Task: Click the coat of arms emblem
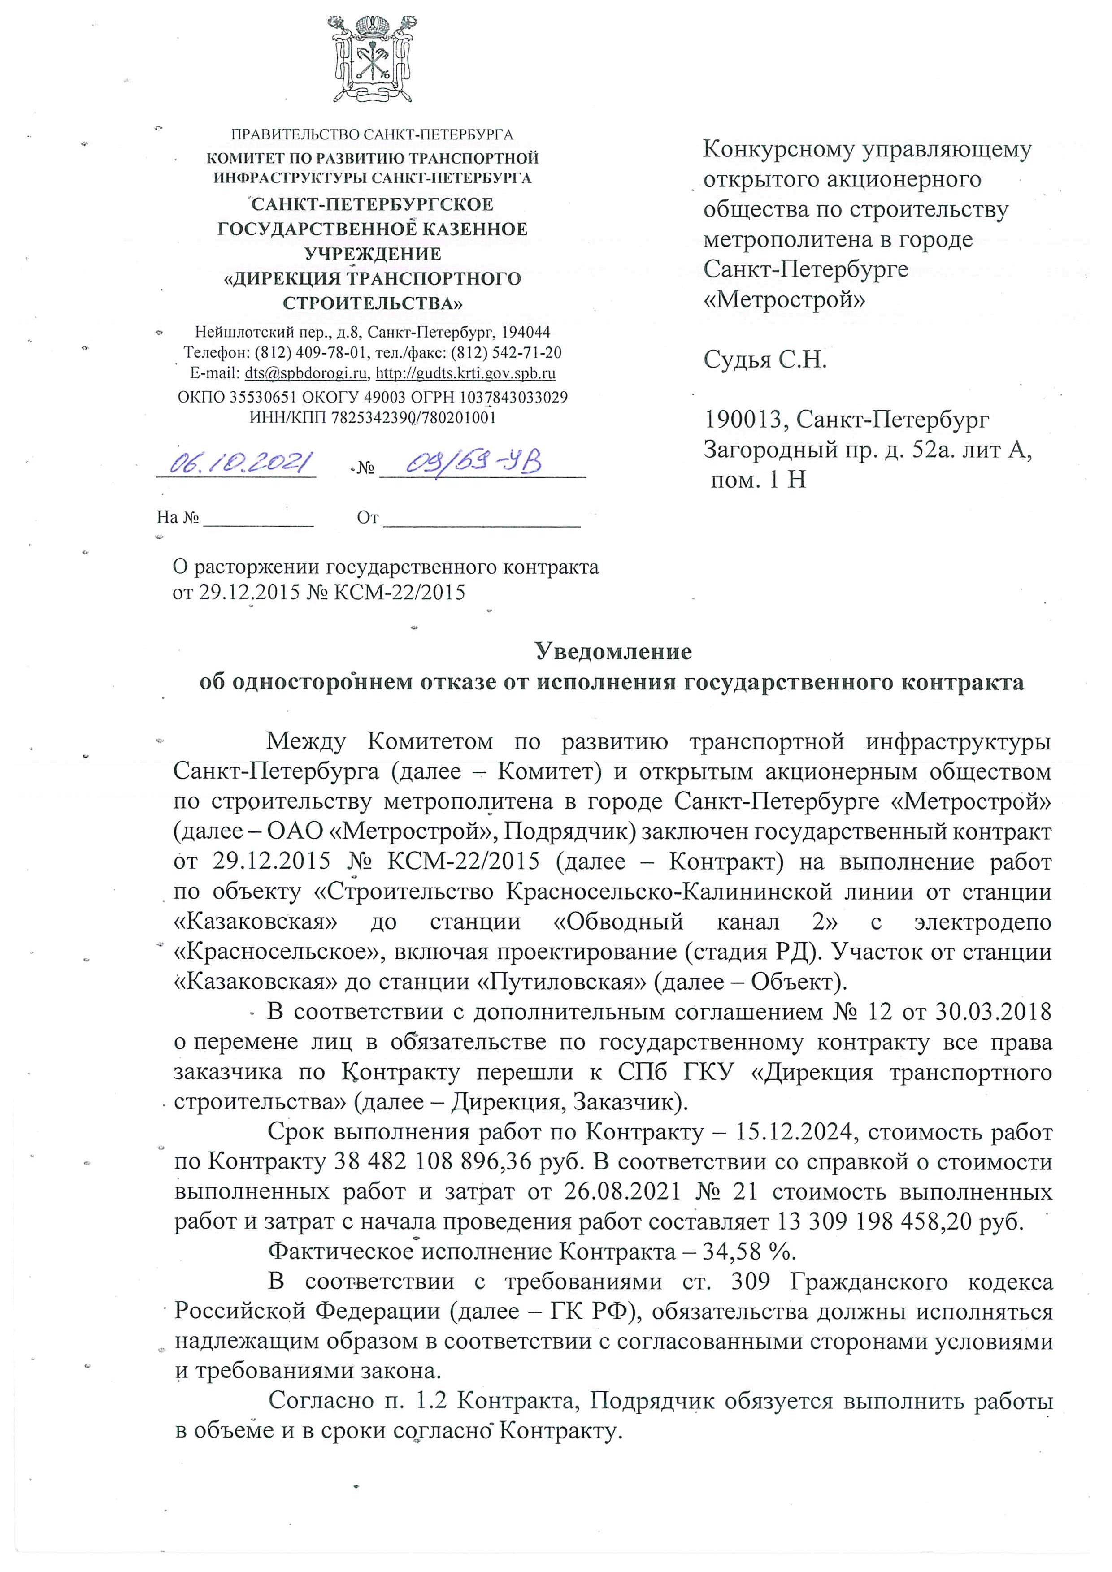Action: (x=372, y=60)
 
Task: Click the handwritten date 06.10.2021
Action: (x=236, y=463)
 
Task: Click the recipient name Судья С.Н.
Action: (x=765, y=359)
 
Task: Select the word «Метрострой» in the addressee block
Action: (x=784, y=300)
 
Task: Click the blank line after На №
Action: (x=258, y=518)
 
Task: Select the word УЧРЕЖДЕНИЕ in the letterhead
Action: (x=373, y=254)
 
